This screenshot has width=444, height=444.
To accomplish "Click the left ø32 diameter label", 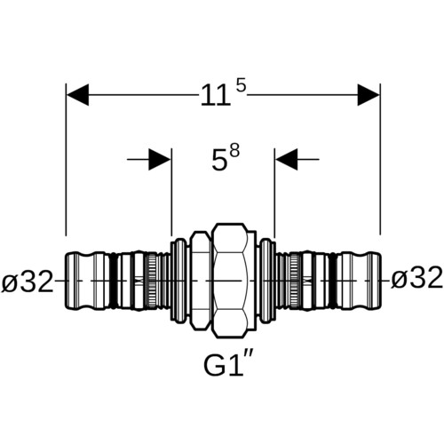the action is [28, 281].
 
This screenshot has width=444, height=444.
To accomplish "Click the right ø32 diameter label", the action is [416, 278].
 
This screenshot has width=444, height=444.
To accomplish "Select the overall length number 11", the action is [216, 95].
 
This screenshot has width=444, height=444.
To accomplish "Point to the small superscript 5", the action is [242, 86].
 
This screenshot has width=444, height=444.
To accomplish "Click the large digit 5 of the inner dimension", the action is [218, 161].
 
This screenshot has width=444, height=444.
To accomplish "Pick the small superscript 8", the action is [234, 152].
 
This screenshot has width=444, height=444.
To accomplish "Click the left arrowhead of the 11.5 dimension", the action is [77, 95].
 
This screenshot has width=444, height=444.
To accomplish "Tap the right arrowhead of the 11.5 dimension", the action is [369, 95].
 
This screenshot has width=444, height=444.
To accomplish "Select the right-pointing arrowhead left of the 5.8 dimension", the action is [160, 160].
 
